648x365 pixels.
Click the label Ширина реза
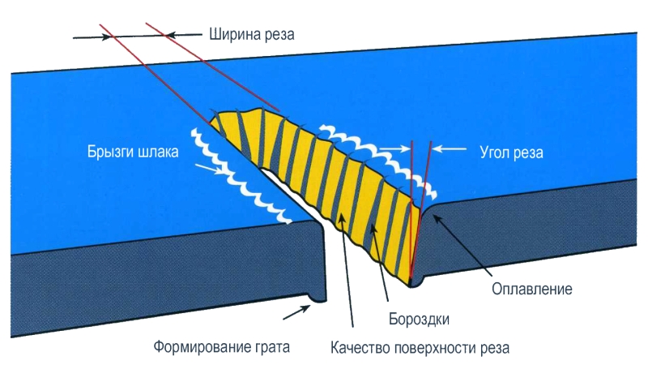(251, 35)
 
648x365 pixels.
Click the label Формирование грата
(222, 348)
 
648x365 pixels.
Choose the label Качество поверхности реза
(420, 348)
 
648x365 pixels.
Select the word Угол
(489, 152)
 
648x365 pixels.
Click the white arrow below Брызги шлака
(211, 169)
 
